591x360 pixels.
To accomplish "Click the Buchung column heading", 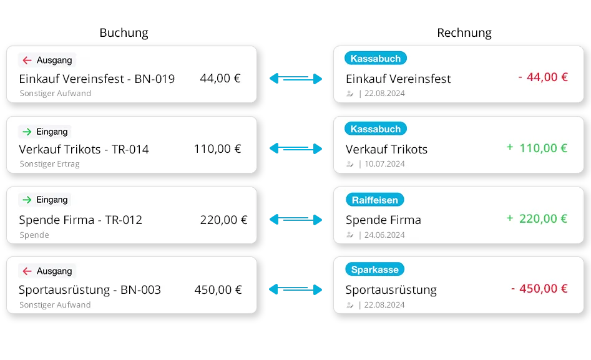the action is [x=124, y=33].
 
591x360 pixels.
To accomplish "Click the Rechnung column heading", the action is [x=464, y=33].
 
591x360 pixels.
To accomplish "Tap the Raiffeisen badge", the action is [x=374, y=200].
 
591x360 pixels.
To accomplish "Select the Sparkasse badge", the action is [x=374, y=270].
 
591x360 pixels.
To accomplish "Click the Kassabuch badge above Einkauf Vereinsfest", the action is [x=376, y=59].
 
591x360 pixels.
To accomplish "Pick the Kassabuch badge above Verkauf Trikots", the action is [x=376, y=129].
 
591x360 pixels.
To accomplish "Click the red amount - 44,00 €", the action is [x=543, y=77].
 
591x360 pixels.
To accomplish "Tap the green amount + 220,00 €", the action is [x=537, y=218].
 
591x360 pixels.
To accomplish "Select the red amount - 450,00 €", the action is [x=539, y=289].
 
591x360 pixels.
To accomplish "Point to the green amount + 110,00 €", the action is [x=537, y=148].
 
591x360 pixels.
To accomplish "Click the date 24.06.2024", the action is [x=384, y=235].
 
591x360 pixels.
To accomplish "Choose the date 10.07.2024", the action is [x=384, y=164].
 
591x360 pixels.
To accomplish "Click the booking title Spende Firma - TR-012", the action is [x=81, y=220].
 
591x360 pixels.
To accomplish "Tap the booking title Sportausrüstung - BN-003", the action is [x=90, y=290].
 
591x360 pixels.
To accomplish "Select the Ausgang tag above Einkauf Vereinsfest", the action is [x=47, y=60].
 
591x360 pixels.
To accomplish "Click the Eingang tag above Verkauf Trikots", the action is [x=45, y=132].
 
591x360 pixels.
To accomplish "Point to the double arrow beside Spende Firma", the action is [x=296, y=220].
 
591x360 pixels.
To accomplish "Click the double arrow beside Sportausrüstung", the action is [x=296, y=289].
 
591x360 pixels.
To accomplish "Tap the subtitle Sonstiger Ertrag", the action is [x=49, y=164].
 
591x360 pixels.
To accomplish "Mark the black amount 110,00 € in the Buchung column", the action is [x=217, y=149].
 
